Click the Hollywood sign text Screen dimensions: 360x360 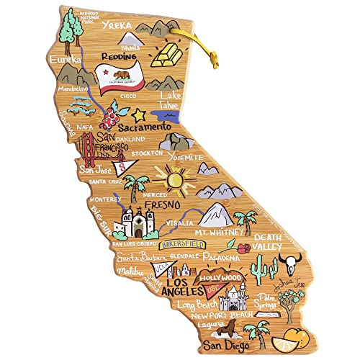(220, 276)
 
